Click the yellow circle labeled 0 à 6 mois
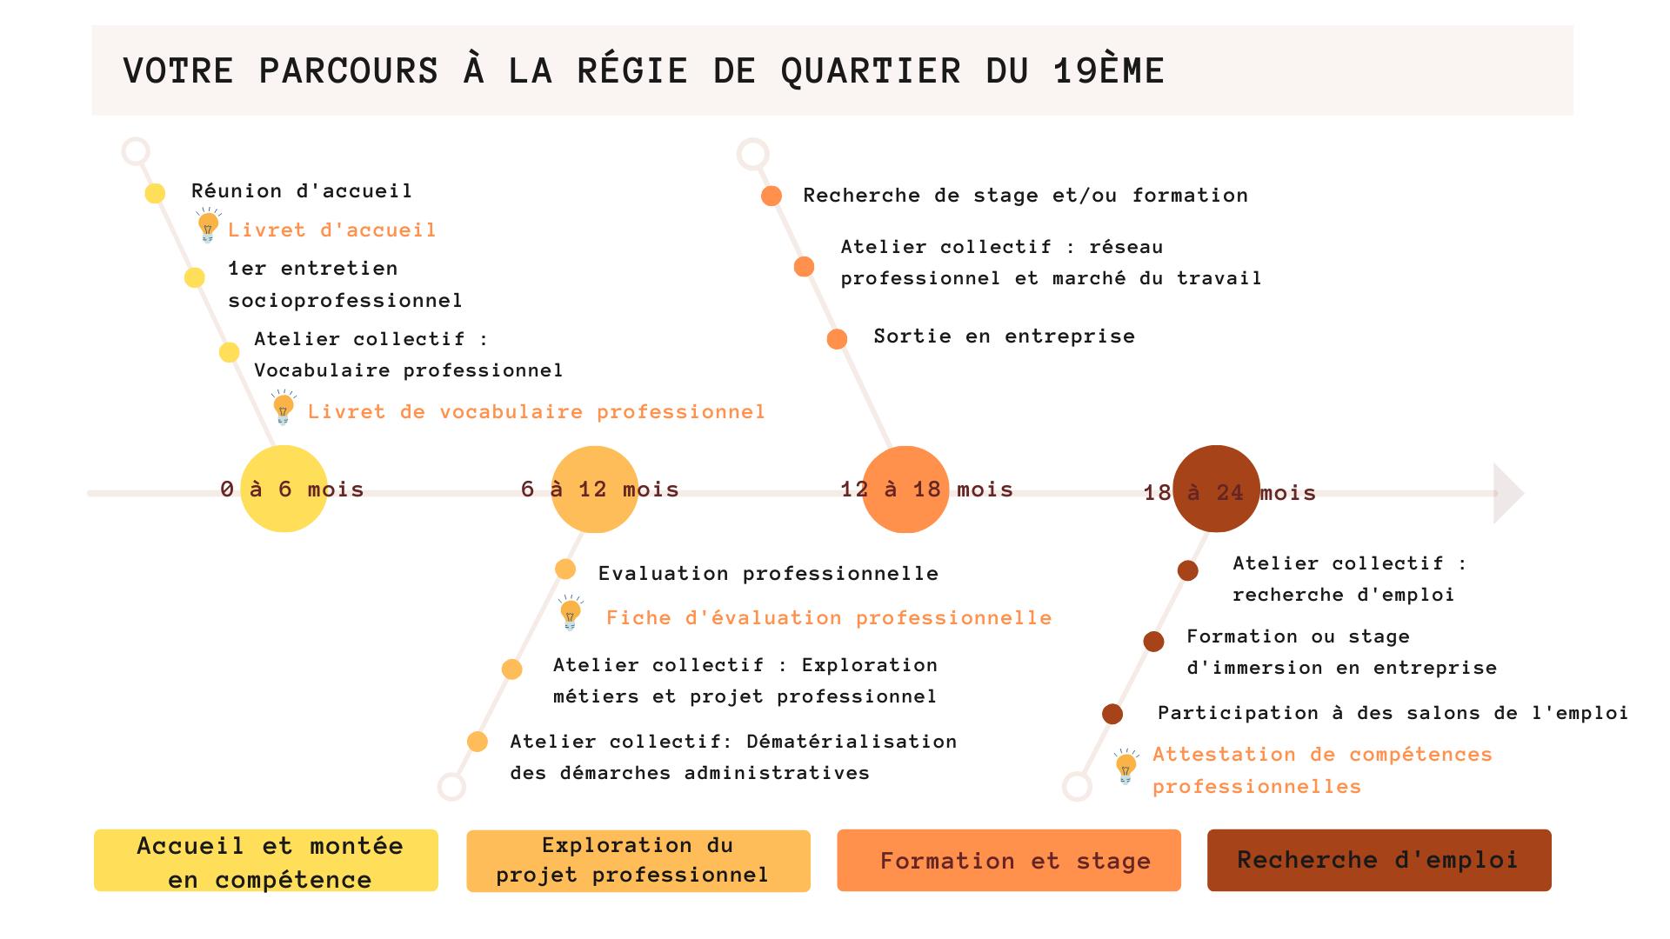point(284,489)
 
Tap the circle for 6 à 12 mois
point(595,489)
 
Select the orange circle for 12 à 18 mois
point(905,489)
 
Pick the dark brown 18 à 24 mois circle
point(1216,489)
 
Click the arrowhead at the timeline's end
point(1508,493)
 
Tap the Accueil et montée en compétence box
point(266,861)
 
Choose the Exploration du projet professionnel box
point(638,861)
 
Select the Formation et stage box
point(1009,861)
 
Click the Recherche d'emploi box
point(1379,861)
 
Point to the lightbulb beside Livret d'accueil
point(208,226)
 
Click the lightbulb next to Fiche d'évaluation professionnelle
point(571,613)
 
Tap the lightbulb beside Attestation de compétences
point(1126,767)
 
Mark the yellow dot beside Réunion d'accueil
point(155,193)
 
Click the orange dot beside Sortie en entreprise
point(837,339)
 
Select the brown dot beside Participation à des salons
point(1112,715)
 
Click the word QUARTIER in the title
point(871,71)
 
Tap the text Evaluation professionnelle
point(768,574)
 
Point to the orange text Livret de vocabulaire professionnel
point(536,412)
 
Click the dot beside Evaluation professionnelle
point(565,569)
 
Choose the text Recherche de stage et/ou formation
point(1025,196)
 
